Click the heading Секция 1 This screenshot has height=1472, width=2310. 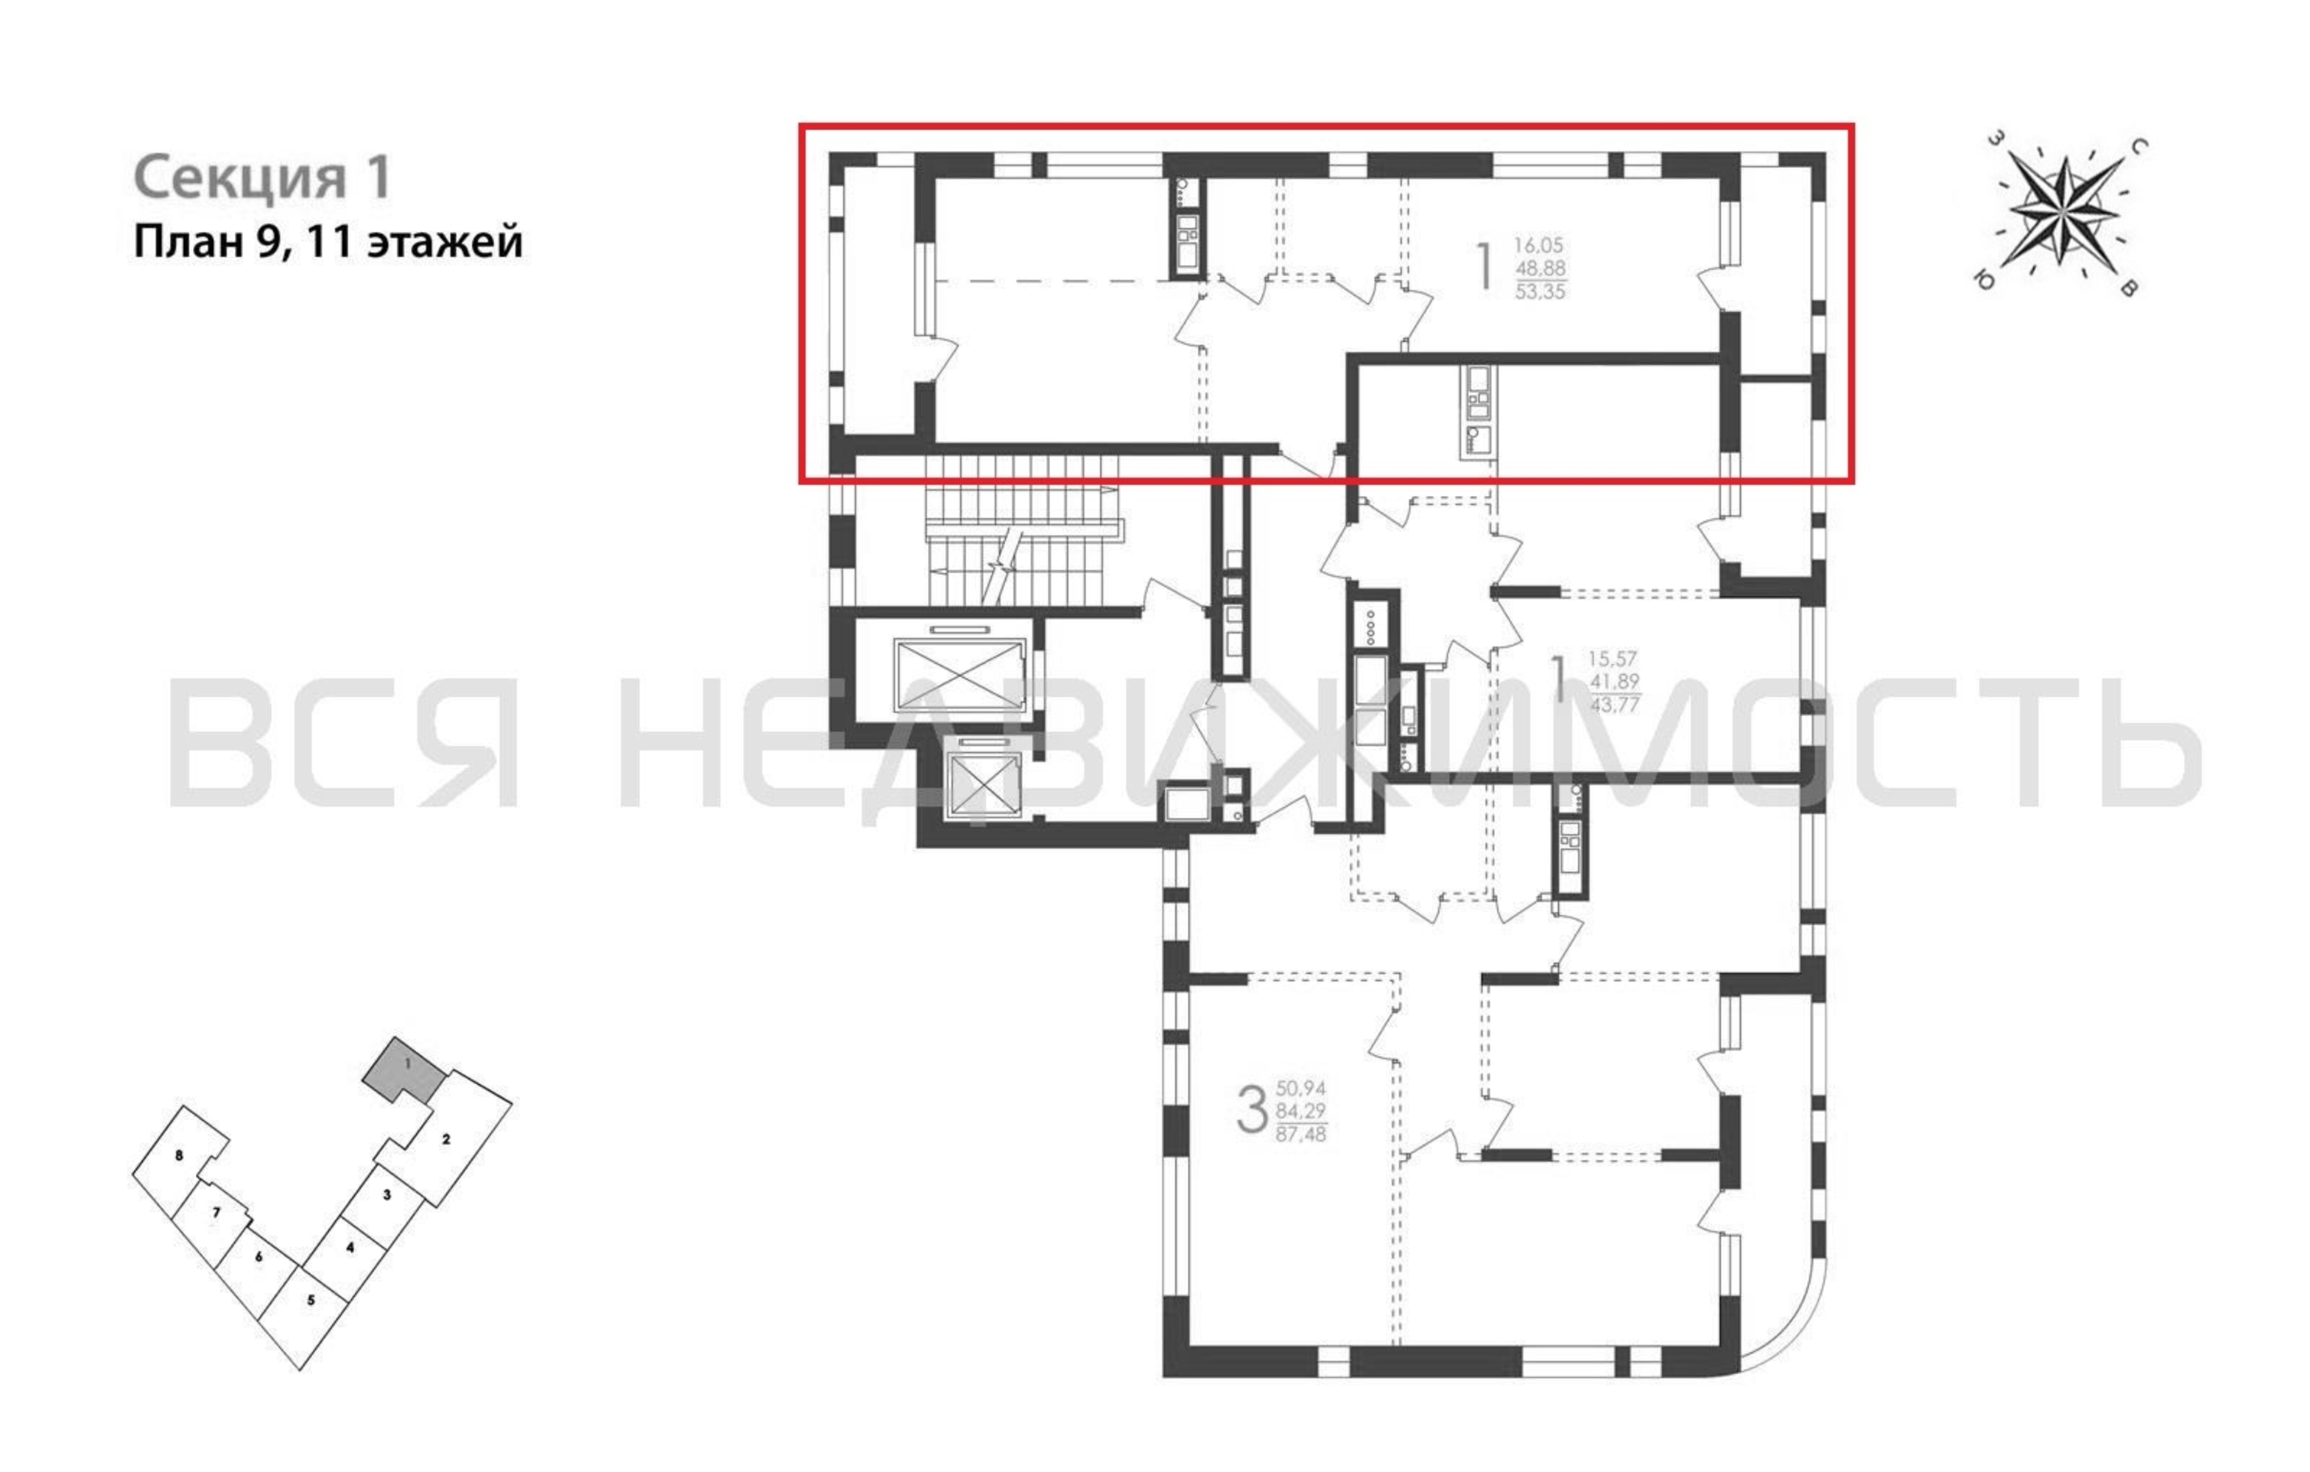263,177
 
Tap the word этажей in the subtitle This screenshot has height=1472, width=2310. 446,241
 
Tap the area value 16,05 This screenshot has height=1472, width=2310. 1539,246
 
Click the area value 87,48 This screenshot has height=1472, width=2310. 1301,1134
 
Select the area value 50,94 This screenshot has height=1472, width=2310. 1301,1089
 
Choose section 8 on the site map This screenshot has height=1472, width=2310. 180,1156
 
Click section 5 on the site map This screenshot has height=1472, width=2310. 310,1301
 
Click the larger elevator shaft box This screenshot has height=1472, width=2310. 960,676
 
